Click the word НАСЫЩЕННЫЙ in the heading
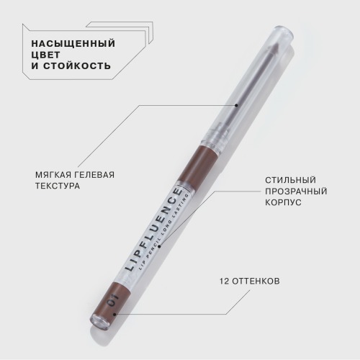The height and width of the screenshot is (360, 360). click(73, 44)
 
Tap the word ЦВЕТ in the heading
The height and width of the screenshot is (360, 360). click(45, 55)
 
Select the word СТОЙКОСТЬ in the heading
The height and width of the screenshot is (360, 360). click(77, 66)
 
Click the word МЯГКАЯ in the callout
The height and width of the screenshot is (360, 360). click(53, 175)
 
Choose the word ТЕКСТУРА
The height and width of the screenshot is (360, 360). click(58, 186)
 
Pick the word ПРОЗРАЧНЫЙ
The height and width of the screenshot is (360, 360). click(296, 192)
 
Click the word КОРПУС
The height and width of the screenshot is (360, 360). click(283, 202)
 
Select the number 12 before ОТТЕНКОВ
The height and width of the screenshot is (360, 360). click(225, 281)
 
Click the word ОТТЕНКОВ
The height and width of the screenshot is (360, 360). click(256, 281)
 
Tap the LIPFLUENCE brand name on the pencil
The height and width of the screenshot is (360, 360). click(153, 230)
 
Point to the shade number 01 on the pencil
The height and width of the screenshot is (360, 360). click(113, 300)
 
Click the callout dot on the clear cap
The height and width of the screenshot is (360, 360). click(236, 105)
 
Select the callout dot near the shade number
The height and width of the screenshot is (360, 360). click(114, 314)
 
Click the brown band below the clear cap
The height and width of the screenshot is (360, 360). click(197, 164)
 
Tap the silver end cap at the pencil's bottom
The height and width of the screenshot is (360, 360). click(99, 323)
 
